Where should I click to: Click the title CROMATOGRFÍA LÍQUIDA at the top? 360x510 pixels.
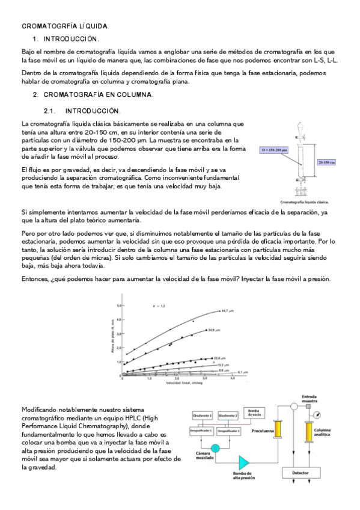coord(65,26)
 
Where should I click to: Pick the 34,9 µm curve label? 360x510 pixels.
coord(215,330)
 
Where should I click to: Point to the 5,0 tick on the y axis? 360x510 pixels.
coord(118,306)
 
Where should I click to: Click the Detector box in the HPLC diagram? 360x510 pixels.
coord(300,473)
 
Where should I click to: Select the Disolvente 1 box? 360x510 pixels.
coord(203,416)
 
